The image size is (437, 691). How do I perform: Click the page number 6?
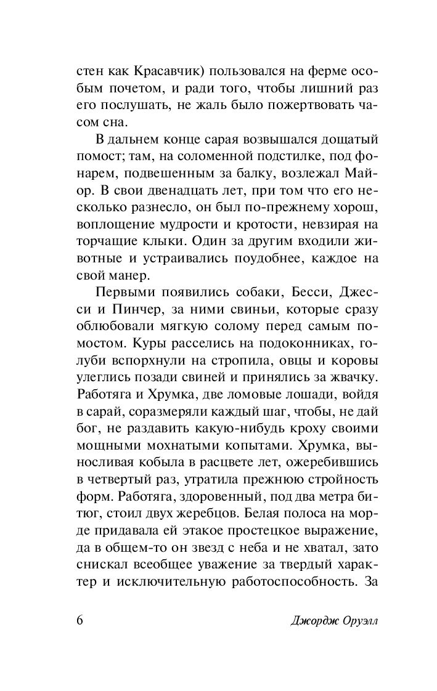coord(80,620)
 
